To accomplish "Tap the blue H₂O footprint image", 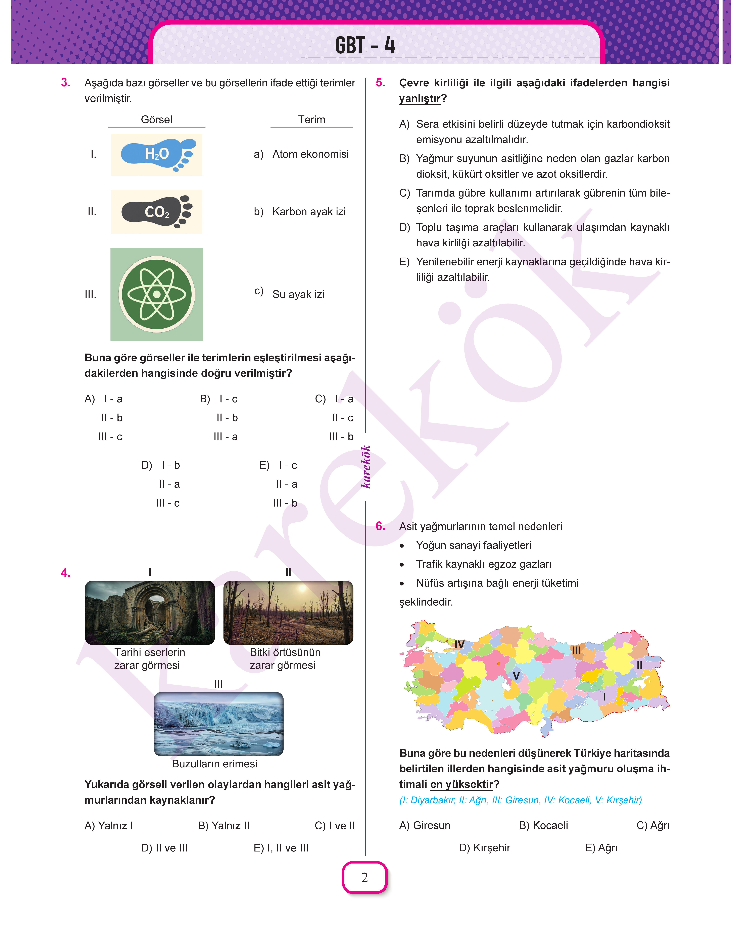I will coord(157,155).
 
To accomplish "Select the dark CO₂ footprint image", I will coord(157,212).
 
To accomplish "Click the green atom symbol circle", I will coord(157,294).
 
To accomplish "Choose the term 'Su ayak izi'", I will coord(298,294).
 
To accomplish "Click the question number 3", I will coord(66,83).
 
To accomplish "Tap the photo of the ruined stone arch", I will coord(150,612).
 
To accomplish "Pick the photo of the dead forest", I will coord(288,612).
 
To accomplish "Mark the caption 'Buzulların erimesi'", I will coord(214,764).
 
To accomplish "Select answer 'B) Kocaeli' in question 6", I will coord(544,825).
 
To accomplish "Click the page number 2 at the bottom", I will coord(365,878).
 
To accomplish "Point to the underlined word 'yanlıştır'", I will coord(419,98).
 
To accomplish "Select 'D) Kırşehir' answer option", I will coord(484,848).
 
